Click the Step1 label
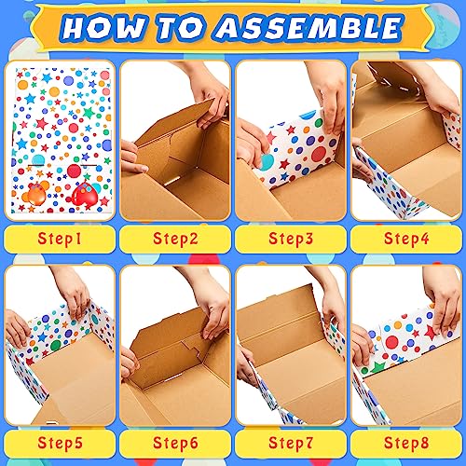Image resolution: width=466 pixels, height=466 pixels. [x=60, y=239]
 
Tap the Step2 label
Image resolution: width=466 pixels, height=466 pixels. [x=175, y=239]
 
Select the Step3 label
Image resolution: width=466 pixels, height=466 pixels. [x=291, y=239]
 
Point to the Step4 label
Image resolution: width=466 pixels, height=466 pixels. [x=406, y=239]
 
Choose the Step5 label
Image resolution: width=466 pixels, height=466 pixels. [x=60, y=443]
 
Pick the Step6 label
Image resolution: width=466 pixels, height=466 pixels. [x=175, y=443]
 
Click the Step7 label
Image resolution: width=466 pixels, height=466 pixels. [x=291, y=443]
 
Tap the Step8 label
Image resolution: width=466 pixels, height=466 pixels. [x=406, y=443]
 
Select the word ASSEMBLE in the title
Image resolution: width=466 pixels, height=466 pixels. [x=310, y=27]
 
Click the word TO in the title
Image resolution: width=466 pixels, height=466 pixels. [x=183, y=27]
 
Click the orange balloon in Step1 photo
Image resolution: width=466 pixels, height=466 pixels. [x=36, y=195]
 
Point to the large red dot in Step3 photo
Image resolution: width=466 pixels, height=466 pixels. [x=319, y=155]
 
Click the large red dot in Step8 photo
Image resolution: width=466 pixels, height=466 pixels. [x=392, y=342]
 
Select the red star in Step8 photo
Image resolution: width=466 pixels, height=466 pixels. [x=432, y=333]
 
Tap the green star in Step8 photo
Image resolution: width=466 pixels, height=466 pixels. [x=378, y=367]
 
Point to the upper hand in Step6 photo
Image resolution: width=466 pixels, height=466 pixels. [x=212, y=310]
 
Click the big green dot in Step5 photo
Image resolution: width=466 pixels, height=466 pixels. [x=55, y=346]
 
